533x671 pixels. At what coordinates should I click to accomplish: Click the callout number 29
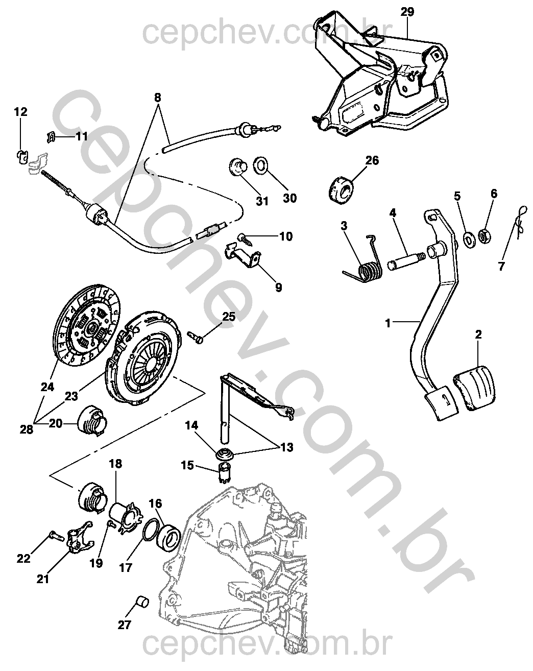pyautogui.click(x=407, y=12)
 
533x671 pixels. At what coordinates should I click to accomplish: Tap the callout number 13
pyautogui.click(x=286, y=448)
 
